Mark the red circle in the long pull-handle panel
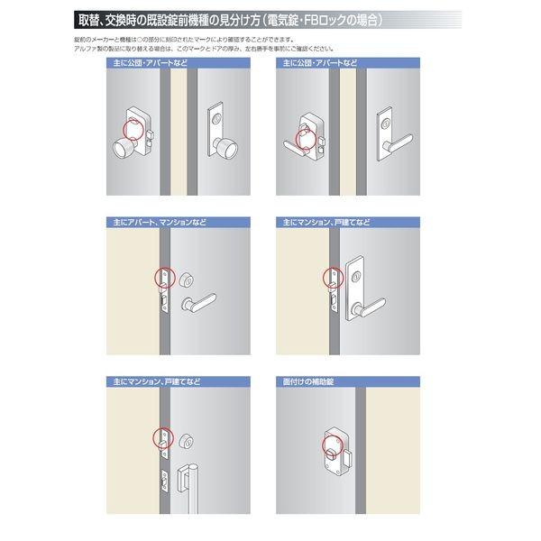163,437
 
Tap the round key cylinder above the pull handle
187,440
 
